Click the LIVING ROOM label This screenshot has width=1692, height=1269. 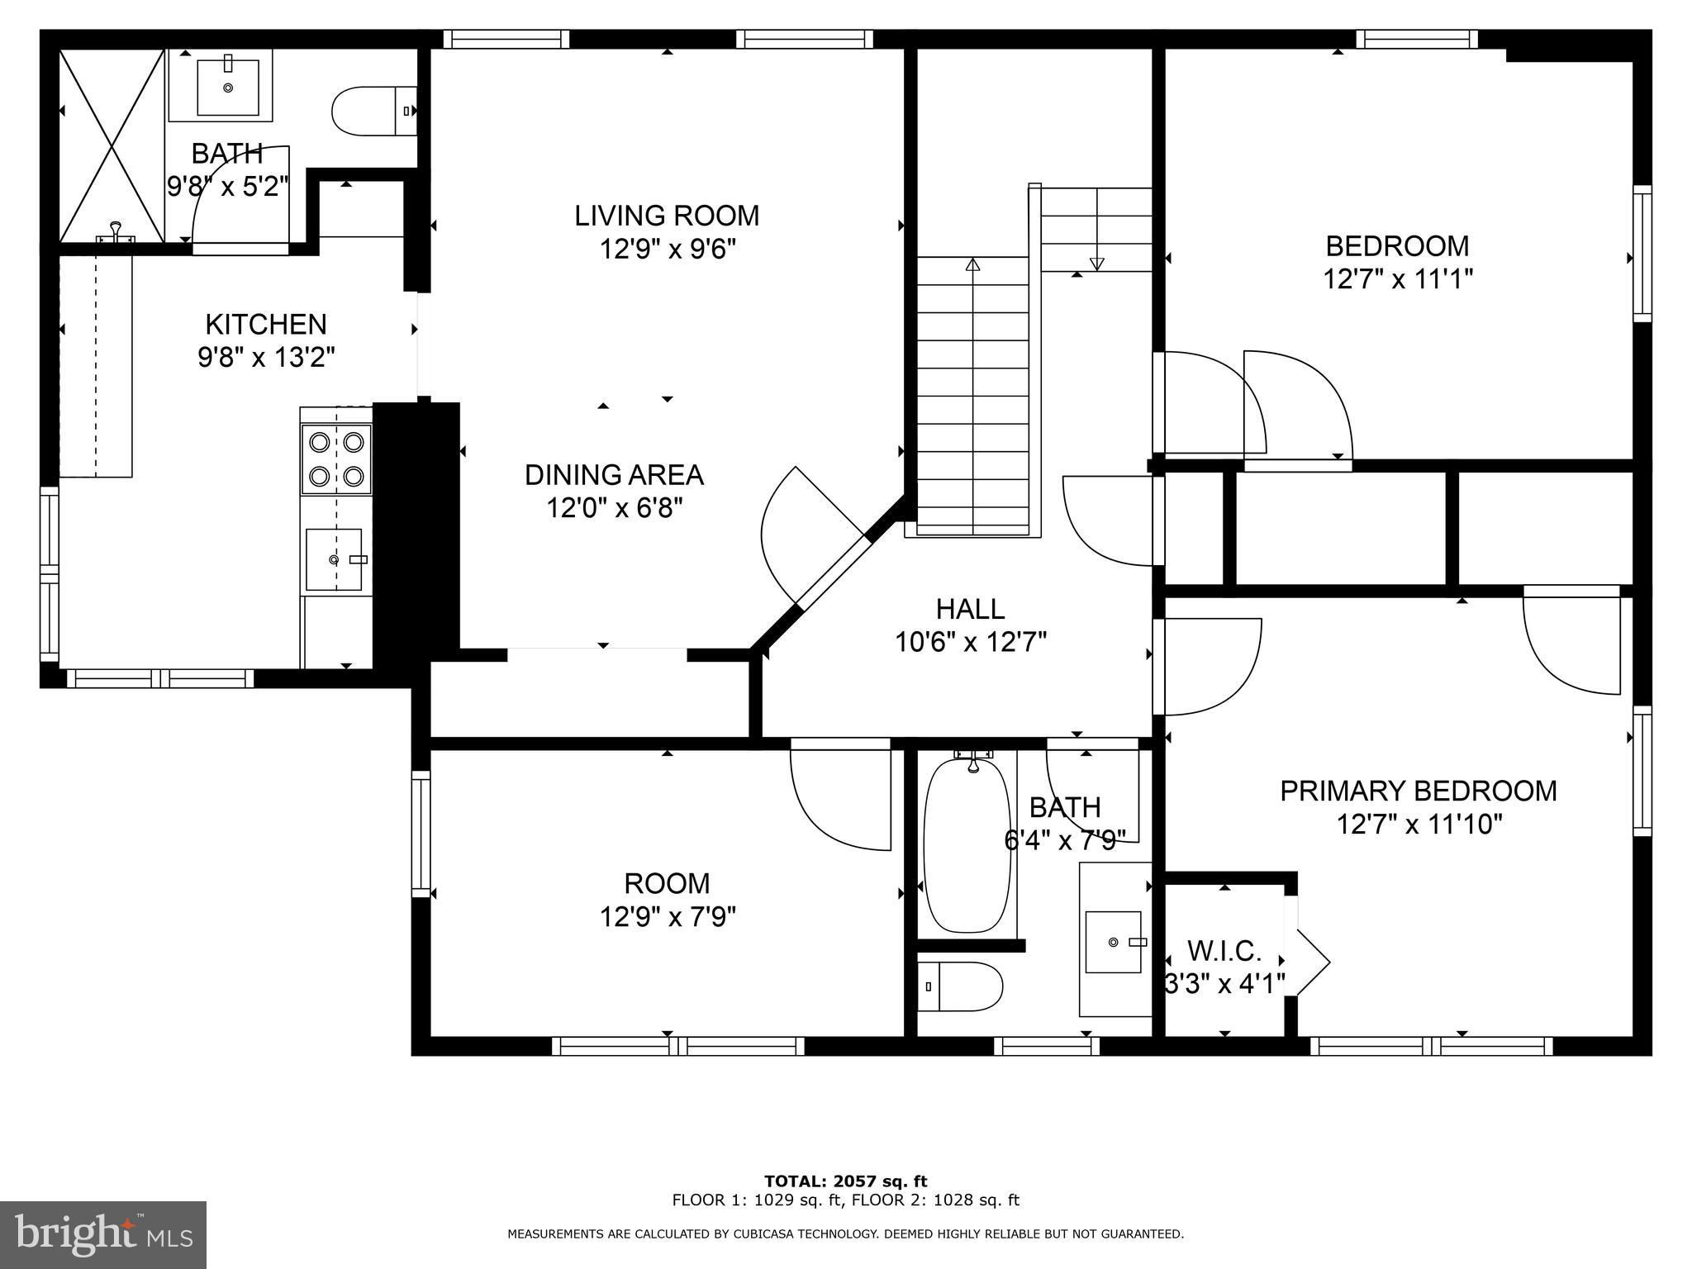(x=667, y=216)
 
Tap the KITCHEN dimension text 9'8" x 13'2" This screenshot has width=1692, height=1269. (x=266, y=358)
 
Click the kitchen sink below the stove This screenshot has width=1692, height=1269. (x=334, y=559)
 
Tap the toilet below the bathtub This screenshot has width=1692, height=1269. (x=960, y=986)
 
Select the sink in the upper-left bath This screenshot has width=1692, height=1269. (x=227, y=85)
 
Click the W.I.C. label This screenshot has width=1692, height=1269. (x=1224, y=951)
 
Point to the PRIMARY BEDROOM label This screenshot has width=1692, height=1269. (x=1419, y=791)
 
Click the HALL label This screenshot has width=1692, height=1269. (x=971, y=609)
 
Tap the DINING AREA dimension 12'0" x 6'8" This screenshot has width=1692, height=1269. (x=615, y=507)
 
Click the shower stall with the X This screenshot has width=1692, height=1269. (x=112, y=145)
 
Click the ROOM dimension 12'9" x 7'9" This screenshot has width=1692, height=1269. (x=668, y=917)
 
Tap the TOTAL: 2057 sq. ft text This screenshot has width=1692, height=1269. (x=846, y=1181)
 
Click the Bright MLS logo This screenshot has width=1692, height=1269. (x=103, y=1234)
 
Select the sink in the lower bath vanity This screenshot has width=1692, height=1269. (x=1114, y=942)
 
